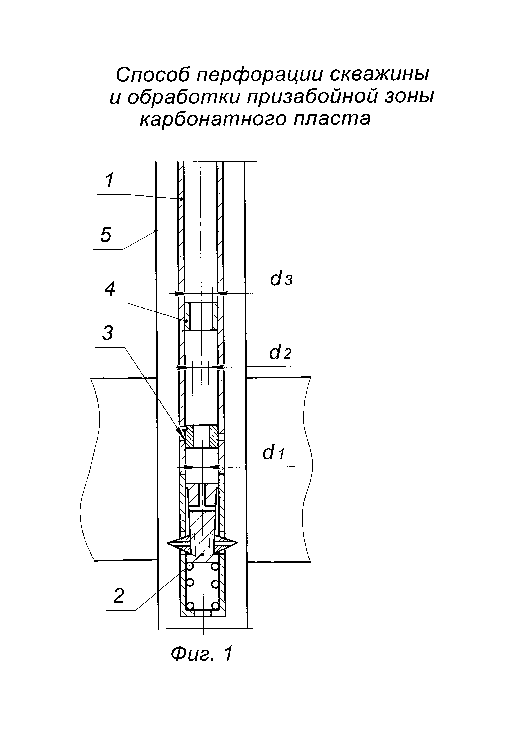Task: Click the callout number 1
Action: click(109, 180)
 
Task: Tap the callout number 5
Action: click(106, 235)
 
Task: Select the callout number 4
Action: click(110, 289)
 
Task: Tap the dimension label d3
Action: click(281, 279)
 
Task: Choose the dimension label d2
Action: click(280, 353)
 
